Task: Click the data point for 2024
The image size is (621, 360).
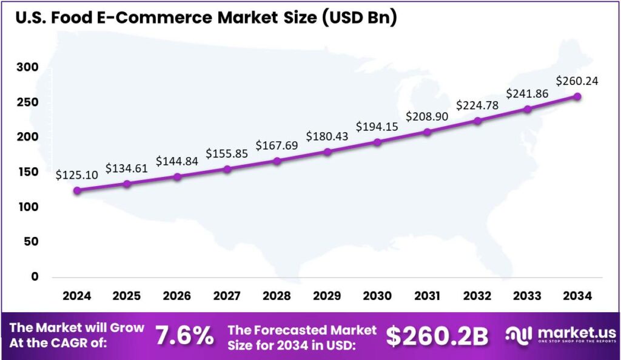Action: (77, 190)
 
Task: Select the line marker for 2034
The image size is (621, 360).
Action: (577, 96)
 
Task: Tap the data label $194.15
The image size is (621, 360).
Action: (377, 127)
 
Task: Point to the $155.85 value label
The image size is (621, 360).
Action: (227, 153)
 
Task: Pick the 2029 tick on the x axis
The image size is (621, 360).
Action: (327, 296)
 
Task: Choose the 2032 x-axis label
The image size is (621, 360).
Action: (477, 296)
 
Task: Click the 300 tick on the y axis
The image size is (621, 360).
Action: (27, 67)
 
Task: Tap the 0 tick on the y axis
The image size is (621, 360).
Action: (35, 277)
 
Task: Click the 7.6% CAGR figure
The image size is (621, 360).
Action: (184, 336)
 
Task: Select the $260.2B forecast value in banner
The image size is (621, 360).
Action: (437, 336)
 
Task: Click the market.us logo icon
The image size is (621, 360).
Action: (519, 335)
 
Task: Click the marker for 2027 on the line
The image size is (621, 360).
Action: (227, 169)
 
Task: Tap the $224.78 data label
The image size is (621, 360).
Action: (477, 105)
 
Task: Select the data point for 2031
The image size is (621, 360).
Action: (428, 132)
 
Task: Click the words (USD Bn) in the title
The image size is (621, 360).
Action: (358, 18)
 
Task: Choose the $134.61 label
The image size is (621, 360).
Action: (127, 168)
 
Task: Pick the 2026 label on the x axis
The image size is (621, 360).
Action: (177, 296)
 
